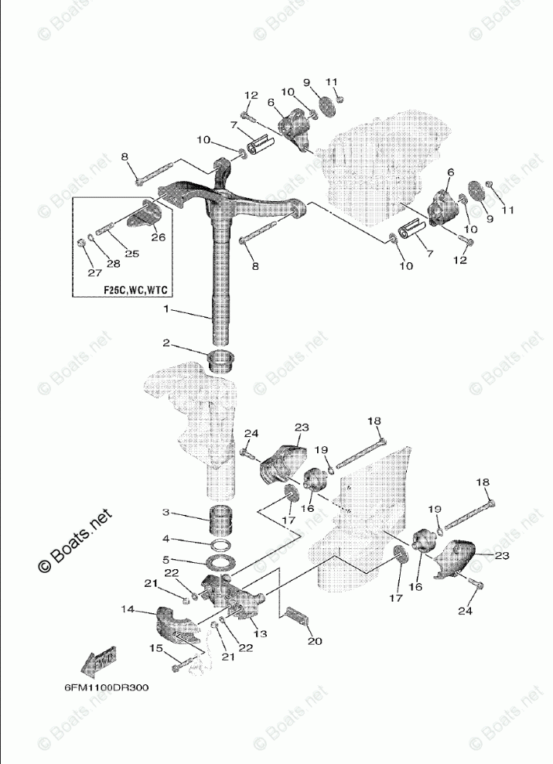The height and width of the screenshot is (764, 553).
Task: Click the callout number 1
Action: [165, 309]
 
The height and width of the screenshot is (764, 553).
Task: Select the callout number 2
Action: [165, 343]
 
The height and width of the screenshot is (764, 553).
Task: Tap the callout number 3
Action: [165, 513]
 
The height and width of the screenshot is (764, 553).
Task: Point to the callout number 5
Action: [165, 559]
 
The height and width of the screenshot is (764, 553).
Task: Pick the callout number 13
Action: [260, 633]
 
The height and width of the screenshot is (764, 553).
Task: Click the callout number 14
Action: [127, 609]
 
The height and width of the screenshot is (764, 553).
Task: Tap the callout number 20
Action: [313, 640]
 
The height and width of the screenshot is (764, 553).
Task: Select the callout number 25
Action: [131, 253]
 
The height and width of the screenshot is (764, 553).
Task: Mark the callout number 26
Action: [159, 237]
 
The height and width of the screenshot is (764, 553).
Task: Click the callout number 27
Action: [94, 272]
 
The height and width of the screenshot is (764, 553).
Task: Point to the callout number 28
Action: [114, 264]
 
